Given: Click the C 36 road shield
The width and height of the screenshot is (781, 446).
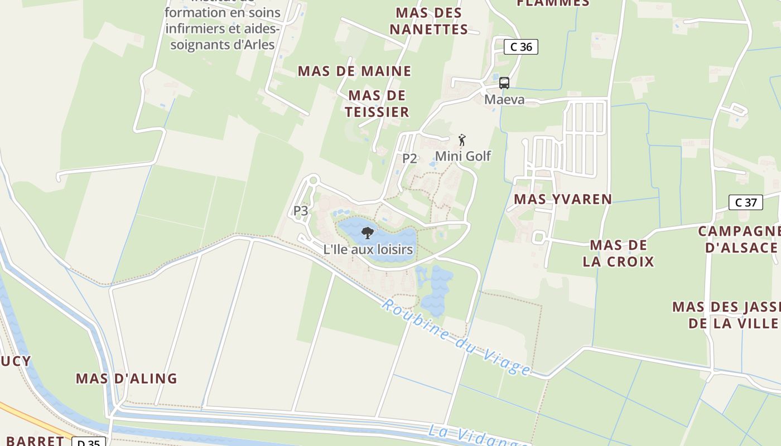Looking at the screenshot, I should coord(521,47).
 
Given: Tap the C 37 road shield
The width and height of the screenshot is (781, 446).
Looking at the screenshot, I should coord(746,202).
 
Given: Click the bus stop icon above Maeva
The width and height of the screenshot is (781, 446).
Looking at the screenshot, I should coord(504,83).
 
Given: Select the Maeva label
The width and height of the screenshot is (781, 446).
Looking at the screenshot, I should coord(504,100).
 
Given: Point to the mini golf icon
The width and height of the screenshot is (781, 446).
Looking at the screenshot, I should coord(462,140).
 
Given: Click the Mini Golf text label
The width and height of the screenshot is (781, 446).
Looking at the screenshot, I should coord(463,156).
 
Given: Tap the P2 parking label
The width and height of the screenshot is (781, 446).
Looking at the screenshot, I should coord(409,158).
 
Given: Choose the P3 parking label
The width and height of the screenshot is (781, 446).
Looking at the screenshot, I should coord(301,211).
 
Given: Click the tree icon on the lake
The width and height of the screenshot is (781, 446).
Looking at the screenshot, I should coord(367,233).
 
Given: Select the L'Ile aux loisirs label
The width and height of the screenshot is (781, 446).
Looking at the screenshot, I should coord(368,249).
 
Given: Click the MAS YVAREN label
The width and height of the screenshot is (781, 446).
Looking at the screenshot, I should coord(563,199).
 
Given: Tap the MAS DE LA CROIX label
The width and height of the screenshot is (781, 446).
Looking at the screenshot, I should coord(618,253).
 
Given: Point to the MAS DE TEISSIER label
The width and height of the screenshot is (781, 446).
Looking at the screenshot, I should coord(377,104).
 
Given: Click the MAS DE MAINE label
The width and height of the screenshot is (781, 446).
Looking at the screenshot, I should coord(354,71).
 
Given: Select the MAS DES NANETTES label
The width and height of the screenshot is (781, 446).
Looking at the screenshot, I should coord(428,21).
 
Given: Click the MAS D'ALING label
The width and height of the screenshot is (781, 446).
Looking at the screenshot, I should coord(127,379).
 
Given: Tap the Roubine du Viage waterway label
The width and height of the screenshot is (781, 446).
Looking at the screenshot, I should coord(456,337).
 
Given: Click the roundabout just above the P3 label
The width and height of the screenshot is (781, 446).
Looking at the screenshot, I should coord(312,180).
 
